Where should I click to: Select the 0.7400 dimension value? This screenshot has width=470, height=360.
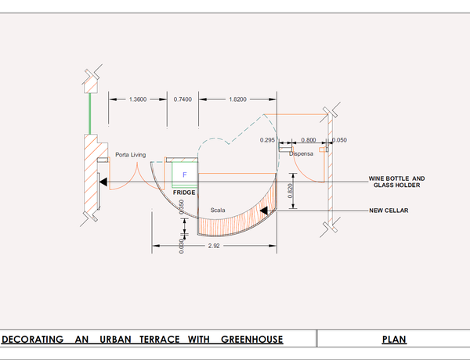(183, 99)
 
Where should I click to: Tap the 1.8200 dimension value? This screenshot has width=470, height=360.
(237, 99)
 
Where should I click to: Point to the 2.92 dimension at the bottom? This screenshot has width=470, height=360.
(214, 247)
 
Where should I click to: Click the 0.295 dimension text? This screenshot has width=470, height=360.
(268, 140)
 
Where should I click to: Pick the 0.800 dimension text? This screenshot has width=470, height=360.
(308, 140)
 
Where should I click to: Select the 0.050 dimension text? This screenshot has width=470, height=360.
(339, 140)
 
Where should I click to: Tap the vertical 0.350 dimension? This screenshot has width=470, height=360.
(182, 207)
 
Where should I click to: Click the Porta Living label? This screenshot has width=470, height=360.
(131, 154)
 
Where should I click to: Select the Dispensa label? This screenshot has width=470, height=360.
(301, 154)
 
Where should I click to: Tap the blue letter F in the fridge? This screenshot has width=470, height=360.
(185, 174)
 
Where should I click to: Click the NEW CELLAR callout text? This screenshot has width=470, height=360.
(389, 211)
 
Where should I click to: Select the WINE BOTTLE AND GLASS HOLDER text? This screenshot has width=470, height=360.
(396, 182)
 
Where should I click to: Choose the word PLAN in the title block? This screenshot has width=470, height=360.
(393, 340)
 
